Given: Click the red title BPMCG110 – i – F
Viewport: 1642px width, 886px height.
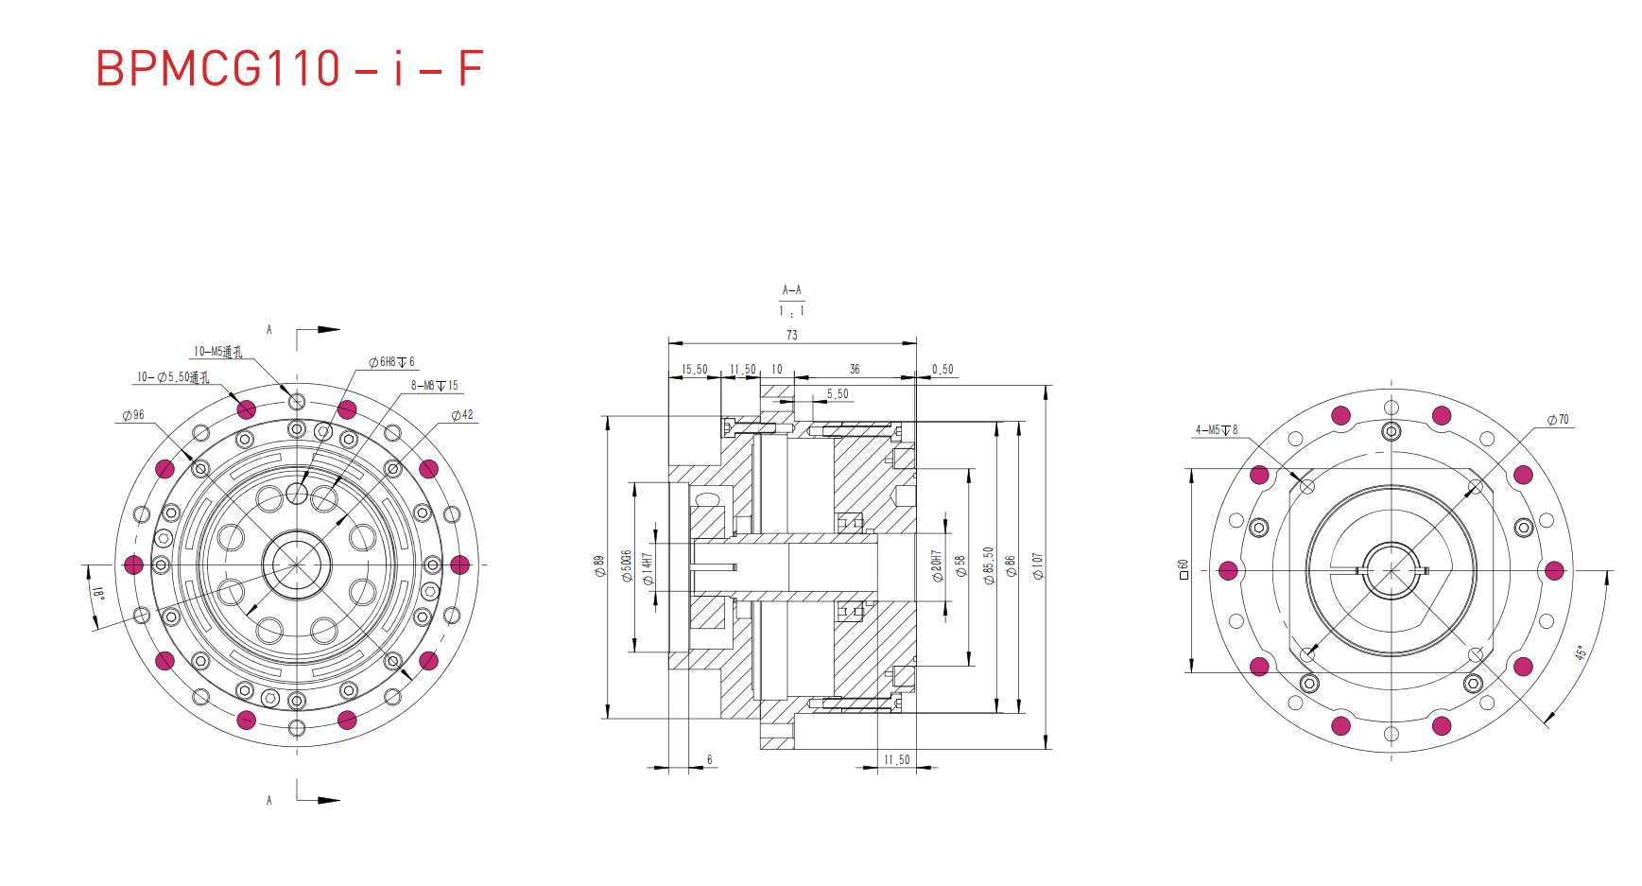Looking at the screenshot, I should [x=289, y=69].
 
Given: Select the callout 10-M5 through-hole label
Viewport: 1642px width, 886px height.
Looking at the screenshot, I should [x=217, y=352].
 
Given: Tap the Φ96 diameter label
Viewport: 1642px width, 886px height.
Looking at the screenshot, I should [x=133, y=415].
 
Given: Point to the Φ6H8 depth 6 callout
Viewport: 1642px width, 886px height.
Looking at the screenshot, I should [x=391, y=362].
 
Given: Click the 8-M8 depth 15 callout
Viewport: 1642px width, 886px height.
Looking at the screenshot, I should [x=434, y=386].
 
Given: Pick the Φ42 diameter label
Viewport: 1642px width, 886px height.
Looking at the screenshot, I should [x=462, y=415].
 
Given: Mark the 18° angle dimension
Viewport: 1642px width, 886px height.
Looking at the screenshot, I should [x=98, y=594].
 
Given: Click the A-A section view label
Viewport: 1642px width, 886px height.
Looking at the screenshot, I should [x=791, y=290].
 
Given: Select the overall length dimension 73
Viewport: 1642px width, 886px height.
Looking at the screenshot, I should [x=791, y=335].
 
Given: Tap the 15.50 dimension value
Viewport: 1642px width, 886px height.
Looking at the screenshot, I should [x=694, y=370].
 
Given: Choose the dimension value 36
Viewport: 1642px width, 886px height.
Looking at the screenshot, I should [x=855, y=370].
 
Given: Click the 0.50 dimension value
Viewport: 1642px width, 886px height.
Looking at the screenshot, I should [x=942, y=370].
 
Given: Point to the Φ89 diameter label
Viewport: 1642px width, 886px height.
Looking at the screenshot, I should [x=598, y=565].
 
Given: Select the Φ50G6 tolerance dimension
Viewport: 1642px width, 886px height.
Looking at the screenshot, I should [x=626, y=565].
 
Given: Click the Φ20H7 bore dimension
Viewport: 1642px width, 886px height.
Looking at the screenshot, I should [x=937, y=565].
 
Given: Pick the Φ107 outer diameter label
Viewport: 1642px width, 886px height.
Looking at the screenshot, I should [x=1037, y=565].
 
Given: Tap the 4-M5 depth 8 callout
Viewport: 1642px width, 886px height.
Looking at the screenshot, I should [x=1216, y=430].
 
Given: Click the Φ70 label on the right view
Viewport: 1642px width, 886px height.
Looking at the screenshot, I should [x=1558, y=420].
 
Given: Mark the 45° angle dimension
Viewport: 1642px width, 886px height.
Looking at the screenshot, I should [x=1580, y=653].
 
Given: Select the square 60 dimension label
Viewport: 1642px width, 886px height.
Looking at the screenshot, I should [x=1183, y=569].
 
